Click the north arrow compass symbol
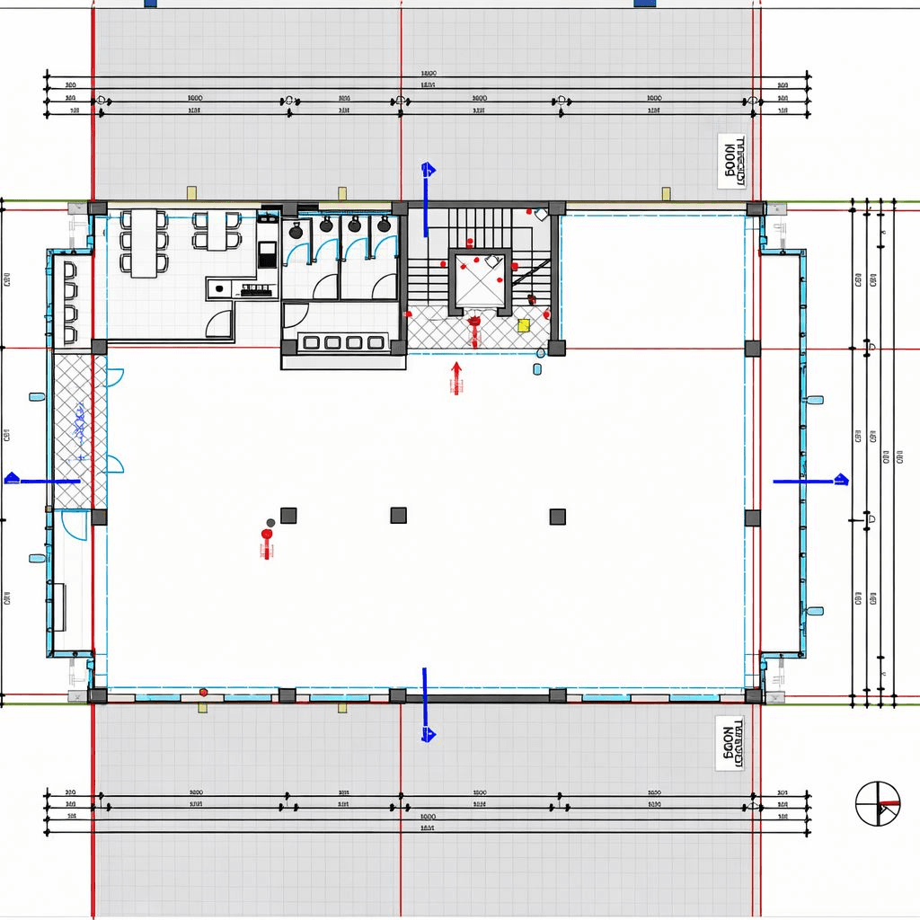[877, 803]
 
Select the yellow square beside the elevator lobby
[523, 324]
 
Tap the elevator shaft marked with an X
[482, 279]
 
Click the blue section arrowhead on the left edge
[12, 479]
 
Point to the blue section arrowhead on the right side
[841, 480]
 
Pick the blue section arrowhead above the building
[429, 169]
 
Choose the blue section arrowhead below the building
[429, 735]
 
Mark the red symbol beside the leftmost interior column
[266, 539]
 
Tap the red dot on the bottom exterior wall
[204, 692]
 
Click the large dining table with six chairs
[144, 243]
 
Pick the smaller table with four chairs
[217, 230]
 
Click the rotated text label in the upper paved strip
[732, 162]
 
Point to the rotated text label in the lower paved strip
[732, 744]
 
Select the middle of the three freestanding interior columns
[398, 515]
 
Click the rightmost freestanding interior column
[557, 516]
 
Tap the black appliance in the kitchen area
[268, 255]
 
